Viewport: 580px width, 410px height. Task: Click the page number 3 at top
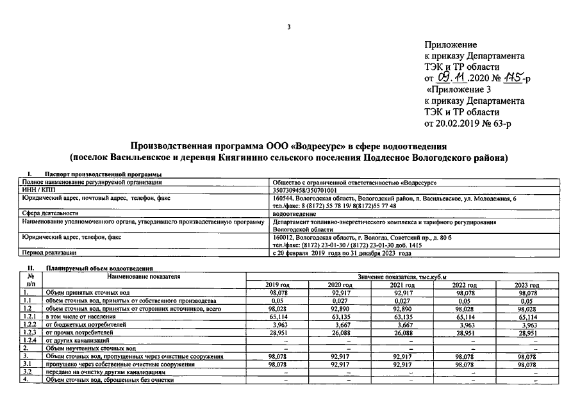tap(290, 27)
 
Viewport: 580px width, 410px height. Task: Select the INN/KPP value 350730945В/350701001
tap(304, 190)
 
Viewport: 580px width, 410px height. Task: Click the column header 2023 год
tap(527, 284)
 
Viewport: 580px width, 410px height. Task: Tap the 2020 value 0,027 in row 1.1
tap(341, 300)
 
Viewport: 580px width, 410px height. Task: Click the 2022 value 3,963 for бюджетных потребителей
tap(466, 325)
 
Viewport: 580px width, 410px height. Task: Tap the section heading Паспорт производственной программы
tap(103, 175)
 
